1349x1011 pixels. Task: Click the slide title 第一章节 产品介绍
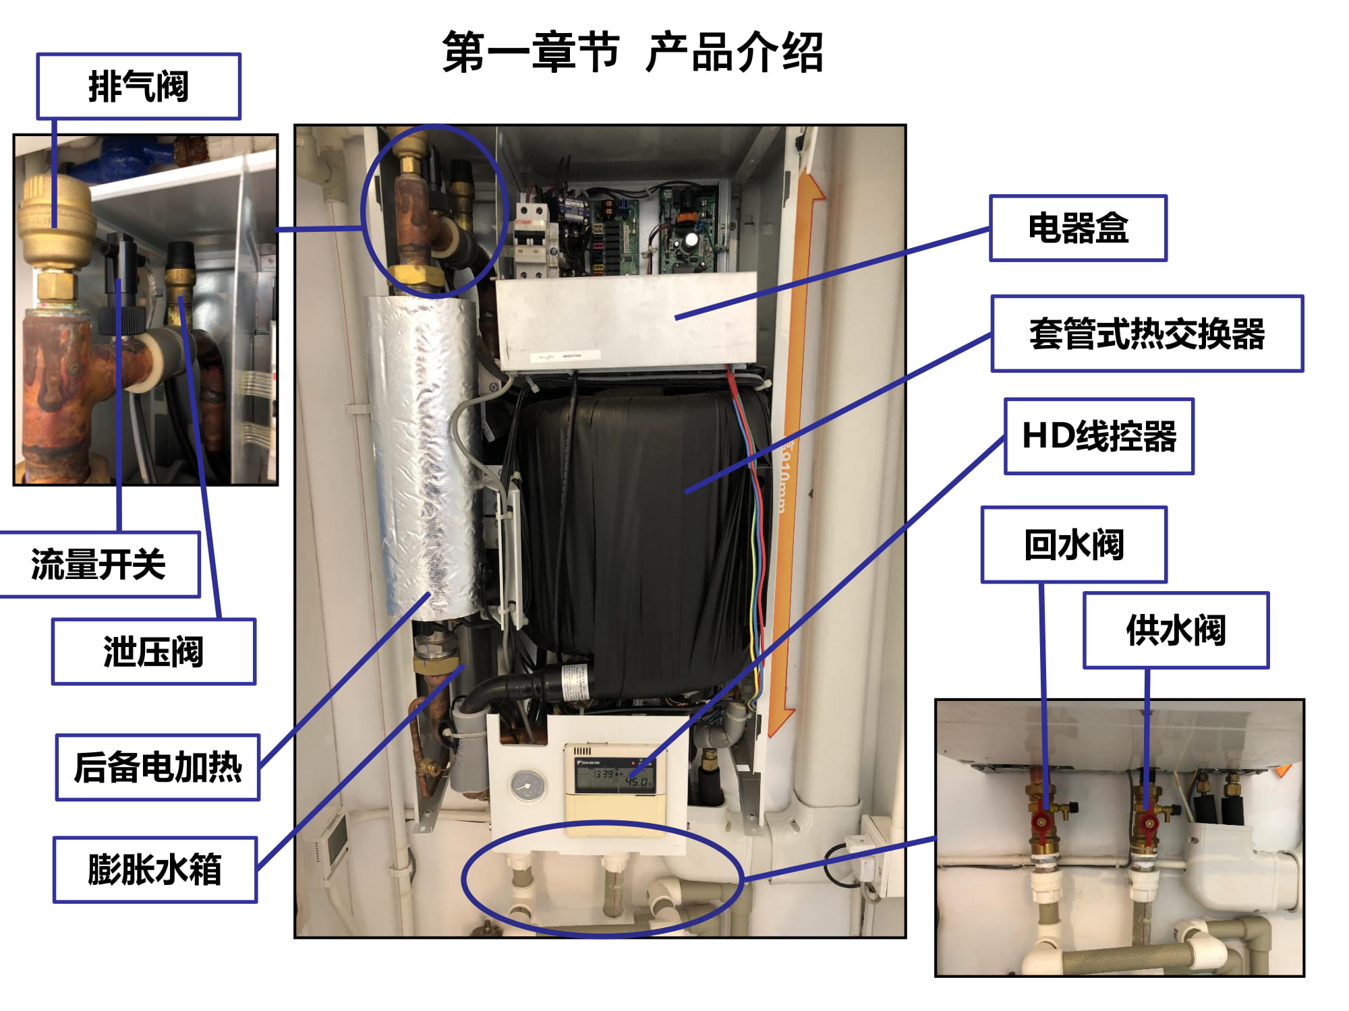pos(633,52)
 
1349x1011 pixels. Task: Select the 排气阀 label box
pos(138,86)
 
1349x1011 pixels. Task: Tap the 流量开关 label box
pos(99,564)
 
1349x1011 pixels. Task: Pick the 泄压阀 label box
pos(154,652)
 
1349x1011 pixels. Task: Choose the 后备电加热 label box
pos(158,767)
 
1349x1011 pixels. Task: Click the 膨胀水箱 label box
pos(155,869)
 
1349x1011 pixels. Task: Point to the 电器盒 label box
pos(1078,228)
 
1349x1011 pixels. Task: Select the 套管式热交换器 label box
pos(1147,334)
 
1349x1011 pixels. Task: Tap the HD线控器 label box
pos(1099,436)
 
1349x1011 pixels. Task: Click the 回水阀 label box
pos(1074,545)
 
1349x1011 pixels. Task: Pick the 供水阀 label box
pos(1176,630)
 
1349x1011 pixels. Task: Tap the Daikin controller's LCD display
pos(614,776)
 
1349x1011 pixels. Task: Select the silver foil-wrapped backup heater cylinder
pos(425,458)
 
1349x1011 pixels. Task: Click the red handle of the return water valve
pos(1042,822)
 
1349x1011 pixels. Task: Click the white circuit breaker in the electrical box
pos(531,239)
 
